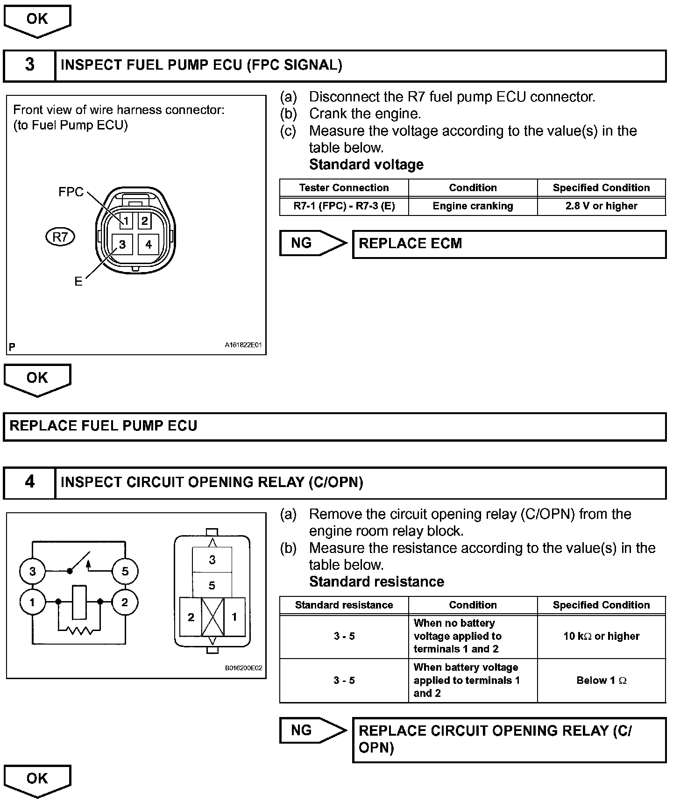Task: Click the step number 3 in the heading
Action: click(29, 65)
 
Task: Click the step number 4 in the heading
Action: click(29, 482)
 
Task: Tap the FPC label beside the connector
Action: click(71, 192)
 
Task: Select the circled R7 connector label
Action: click(60, 237)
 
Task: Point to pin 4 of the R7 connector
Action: click(149, 244)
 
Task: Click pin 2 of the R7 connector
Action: click(144, 221)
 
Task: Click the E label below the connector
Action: click(78, 281)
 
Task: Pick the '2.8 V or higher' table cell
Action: click(601, 206)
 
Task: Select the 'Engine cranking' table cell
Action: click(473, 206)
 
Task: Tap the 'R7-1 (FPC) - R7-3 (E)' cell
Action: click(344, 206)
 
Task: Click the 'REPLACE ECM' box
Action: click(509, 244)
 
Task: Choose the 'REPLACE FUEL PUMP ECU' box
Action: click(334, 426)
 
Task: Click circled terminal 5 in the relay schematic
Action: click(125, 571)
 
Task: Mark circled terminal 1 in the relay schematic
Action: click(32, 602)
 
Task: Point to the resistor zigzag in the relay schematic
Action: click(79, 631)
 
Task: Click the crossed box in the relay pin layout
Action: click(212, 617)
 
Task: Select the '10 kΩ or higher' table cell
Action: click(601, 636)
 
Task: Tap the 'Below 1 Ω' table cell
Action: click(601, 681)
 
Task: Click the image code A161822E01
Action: click(243, 345)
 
